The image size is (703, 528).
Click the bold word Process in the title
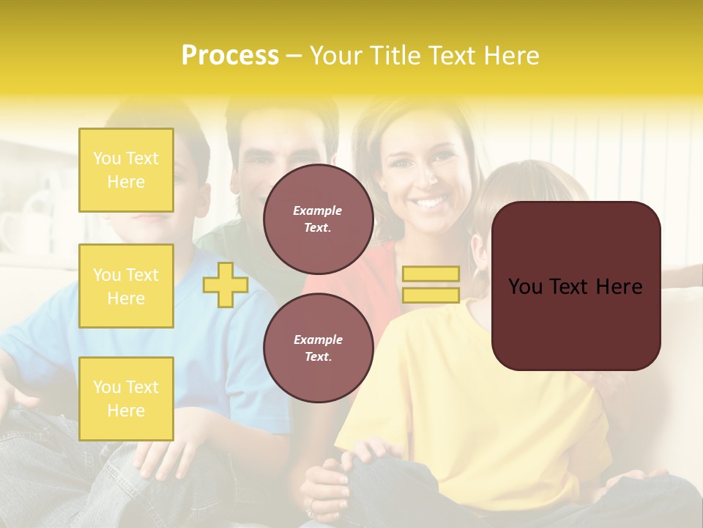pyautogui.click(x=230, y=56)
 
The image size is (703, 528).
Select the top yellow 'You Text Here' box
pyautogui.click(x=126, y=170)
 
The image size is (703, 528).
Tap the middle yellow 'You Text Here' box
pyautogui.click(x=126, y=286)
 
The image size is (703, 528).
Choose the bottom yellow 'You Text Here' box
pyautogui.click(x=126, y=399)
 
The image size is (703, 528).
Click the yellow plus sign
pyautogui.click(x=225, y=285)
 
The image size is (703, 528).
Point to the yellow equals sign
pyautogui.click(x=431, y=285)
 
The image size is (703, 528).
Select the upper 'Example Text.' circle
pyautogui.click(x=319, y=219)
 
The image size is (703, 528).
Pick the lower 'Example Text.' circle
pyautogui.click(x=319, y=348)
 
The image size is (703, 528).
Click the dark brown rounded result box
pyautogui.click(x=576, y=286)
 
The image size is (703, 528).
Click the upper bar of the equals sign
pyautogui.click(x=431, y=274)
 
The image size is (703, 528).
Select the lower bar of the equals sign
pyautogui.click(x=431, y=296)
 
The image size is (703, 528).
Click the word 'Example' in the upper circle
pyautogui.click(x=318, y=210)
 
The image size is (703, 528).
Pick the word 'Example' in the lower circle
pyautogui.click(x=318, y=340)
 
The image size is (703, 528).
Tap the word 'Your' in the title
pyautogui.click(x=337, y=56)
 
